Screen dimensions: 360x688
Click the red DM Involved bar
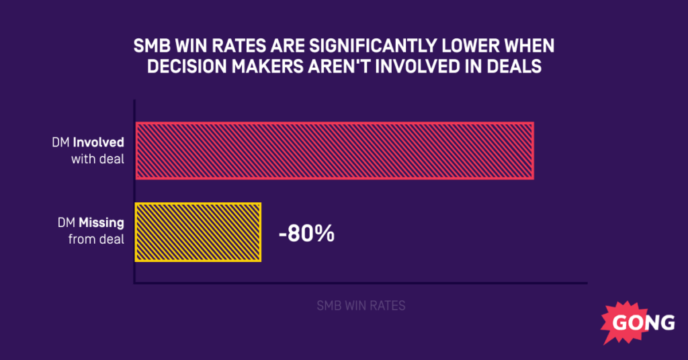(x=335, y=151)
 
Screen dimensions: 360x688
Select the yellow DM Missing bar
(x=198, y=232)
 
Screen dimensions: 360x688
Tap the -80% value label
(x=306, y=235)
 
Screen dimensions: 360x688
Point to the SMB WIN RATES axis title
(x=361, y=306)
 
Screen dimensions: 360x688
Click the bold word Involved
(x=99, y=143)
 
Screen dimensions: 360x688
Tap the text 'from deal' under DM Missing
(x=97, y=239)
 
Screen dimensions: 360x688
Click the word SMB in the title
(x=150, y=48)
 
